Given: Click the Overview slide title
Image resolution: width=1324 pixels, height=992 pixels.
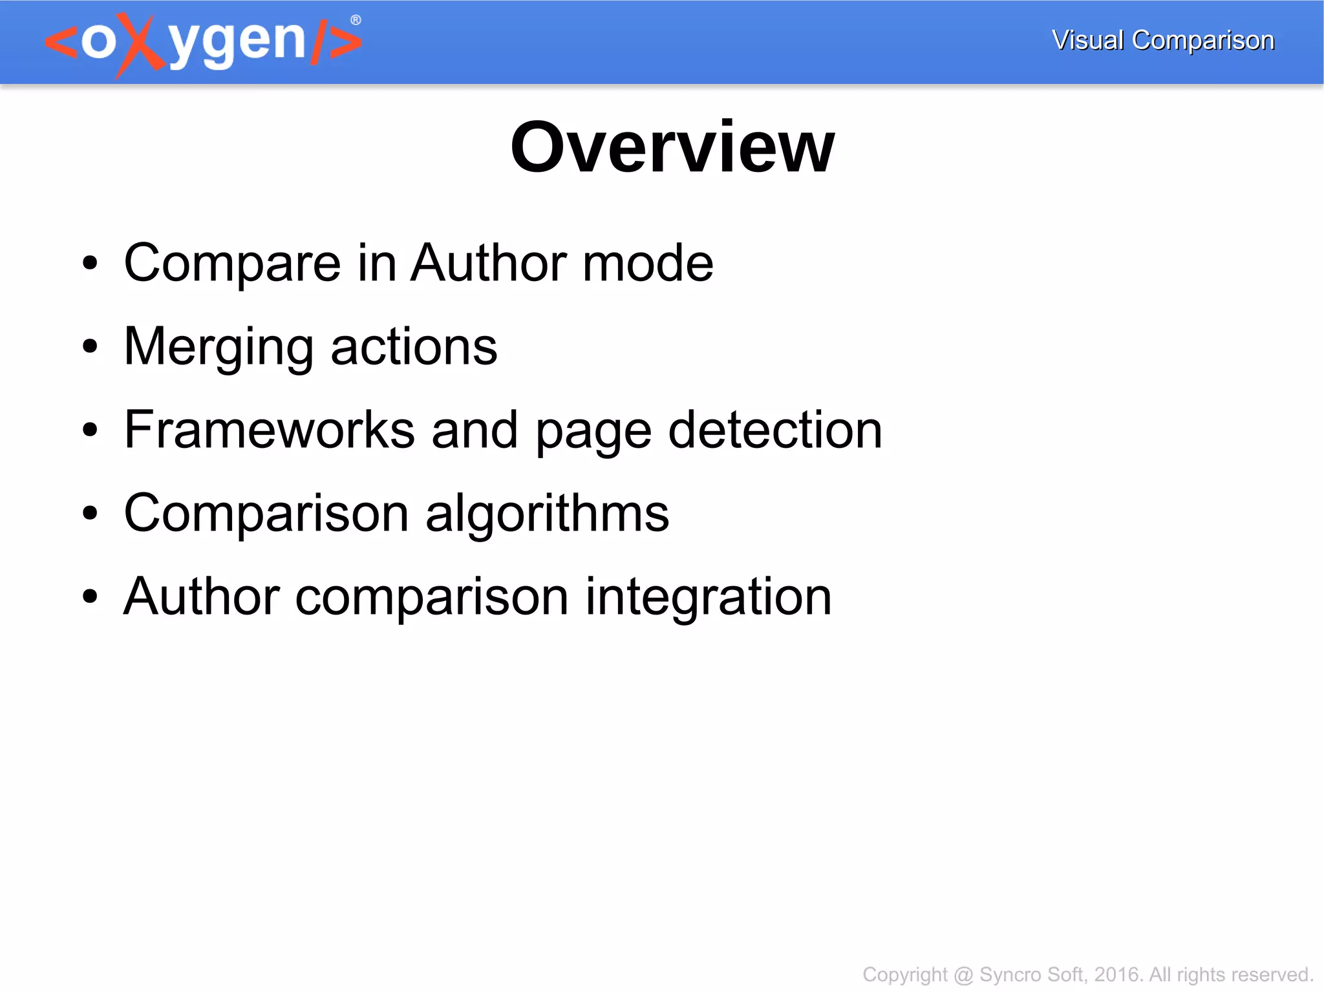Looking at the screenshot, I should [x=672, y=148].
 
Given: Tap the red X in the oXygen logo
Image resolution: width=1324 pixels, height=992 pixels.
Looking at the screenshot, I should [x=140, y=44].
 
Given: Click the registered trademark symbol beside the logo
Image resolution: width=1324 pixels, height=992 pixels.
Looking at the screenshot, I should [x=356, y=21].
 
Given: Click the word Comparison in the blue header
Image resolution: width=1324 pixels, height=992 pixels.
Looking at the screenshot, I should [x=1203, y=40].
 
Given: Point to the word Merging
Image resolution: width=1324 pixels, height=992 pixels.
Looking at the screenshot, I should [x=219, y=347].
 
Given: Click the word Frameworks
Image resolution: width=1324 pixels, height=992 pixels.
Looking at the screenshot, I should [x=269, y=430].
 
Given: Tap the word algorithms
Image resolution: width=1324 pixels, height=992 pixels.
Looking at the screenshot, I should [x=547, y=513].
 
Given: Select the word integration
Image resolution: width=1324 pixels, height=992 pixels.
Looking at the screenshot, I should [x=709, y=596].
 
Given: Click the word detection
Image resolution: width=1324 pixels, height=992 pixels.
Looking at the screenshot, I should [x=775, y=430].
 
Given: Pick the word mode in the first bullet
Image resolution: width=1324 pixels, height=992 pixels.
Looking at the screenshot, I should [x=648, y=263].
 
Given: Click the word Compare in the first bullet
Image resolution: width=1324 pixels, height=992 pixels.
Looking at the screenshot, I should [x=232, y=263].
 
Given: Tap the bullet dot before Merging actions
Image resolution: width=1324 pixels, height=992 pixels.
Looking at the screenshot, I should [x=90, y=347].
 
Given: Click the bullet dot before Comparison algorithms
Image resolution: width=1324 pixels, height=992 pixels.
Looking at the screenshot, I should [x=90, y=514].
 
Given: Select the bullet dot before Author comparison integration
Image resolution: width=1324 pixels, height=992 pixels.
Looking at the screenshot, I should [x=90, y=597].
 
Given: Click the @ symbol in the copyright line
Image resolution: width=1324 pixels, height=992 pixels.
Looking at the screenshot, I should [x=963, y=975].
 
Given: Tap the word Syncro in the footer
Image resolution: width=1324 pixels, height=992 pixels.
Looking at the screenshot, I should [x=1009, y=975].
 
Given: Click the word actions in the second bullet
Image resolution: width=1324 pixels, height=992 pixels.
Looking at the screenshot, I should [x=414, y=347].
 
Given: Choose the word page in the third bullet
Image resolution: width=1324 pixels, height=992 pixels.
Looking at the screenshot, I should [x=593, y=431].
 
